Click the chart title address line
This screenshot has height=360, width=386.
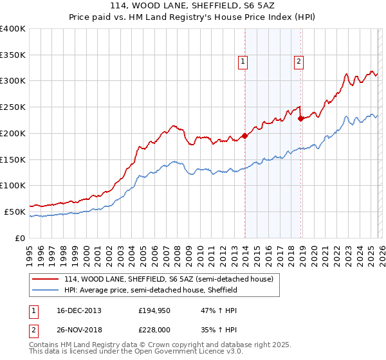[193, 5]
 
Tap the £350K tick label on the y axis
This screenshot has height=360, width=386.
[13, 55]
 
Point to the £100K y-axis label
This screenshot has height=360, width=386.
[13, 185]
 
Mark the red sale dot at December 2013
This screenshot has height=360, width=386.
[244, 136]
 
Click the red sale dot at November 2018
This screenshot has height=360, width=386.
[300, 118]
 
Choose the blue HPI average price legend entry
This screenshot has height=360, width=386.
[151, 290]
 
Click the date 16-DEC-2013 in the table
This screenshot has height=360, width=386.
[73, 310]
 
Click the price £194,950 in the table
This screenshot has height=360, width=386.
[155, 310]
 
